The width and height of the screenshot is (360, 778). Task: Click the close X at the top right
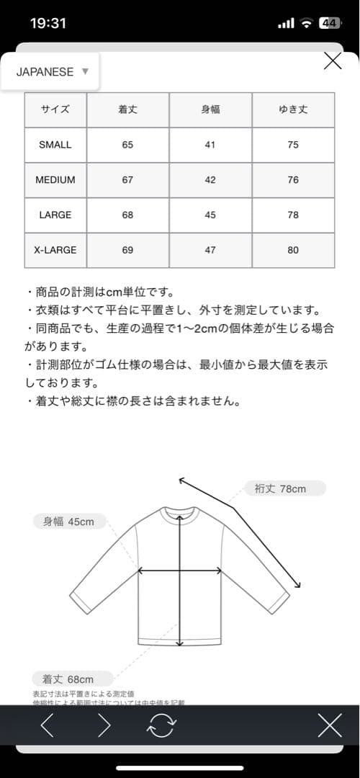[x=333, y=61]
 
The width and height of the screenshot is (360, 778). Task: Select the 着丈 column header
[x=127, y=110]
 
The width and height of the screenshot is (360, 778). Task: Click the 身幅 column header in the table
[x=210, y=110]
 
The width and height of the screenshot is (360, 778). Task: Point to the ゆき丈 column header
[x=293, y=110]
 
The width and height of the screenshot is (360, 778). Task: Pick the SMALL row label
[x=55, y=145]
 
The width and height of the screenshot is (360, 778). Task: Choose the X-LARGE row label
[x=55, y=250]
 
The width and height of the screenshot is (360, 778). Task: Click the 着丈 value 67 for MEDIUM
[x=127, y=180]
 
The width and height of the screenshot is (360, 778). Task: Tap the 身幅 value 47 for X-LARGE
[x=210, y=250]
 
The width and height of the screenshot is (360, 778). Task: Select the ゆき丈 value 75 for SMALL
[x=293, y=145]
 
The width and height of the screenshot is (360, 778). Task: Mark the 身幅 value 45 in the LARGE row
[x=210, y=215]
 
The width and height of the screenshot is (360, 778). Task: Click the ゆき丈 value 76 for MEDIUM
[x=293, y=180]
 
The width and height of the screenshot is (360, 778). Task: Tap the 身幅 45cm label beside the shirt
[x=69, y=522]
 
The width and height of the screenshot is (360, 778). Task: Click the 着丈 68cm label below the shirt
[x=73, y=679]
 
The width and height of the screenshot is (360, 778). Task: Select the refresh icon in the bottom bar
[x=161, y=725]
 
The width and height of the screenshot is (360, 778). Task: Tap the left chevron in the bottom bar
[x=48, y=725]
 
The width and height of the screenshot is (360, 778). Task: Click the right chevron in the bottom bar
[x=104, y=725]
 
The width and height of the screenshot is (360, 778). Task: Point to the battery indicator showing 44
[x=330, y=23]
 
